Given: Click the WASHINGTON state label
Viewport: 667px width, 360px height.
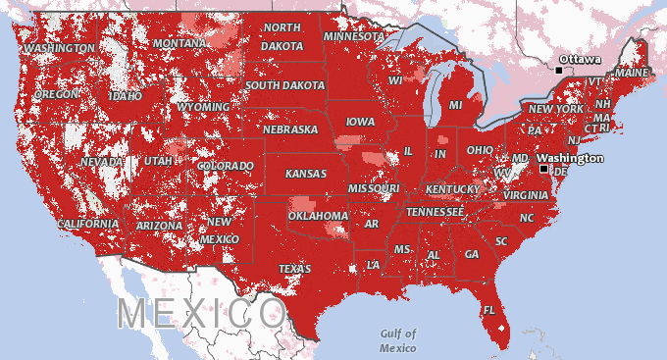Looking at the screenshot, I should tap(60, 47).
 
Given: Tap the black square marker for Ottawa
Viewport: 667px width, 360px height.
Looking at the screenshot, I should tap(559, 70).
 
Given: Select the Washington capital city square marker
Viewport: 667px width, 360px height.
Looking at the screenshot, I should tap(544, 169).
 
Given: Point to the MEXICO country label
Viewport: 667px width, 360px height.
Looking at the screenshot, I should tap(201, 314).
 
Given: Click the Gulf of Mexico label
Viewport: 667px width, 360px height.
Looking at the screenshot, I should tap(398, 340).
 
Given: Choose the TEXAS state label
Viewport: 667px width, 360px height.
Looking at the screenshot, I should tap(294, 268).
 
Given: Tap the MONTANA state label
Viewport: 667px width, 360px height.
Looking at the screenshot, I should tap(179, 44).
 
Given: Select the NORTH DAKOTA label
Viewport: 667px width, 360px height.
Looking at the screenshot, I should tap(282, 36).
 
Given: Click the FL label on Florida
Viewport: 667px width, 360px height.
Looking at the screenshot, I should tap(488, 311).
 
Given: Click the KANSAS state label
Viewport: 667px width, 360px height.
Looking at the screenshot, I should tap(305, 174).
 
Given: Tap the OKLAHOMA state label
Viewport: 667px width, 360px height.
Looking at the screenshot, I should tap(319, 216).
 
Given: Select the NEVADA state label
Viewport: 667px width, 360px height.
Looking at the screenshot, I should tap(102, 161).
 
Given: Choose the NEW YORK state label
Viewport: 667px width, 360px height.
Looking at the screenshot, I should tap(556, 108).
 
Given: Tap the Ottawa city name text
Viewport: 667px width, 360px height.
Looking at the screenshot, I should tap(581, 59).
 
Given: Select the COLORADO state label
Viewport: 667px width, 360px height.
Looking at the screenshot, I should tap(225, 166).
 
